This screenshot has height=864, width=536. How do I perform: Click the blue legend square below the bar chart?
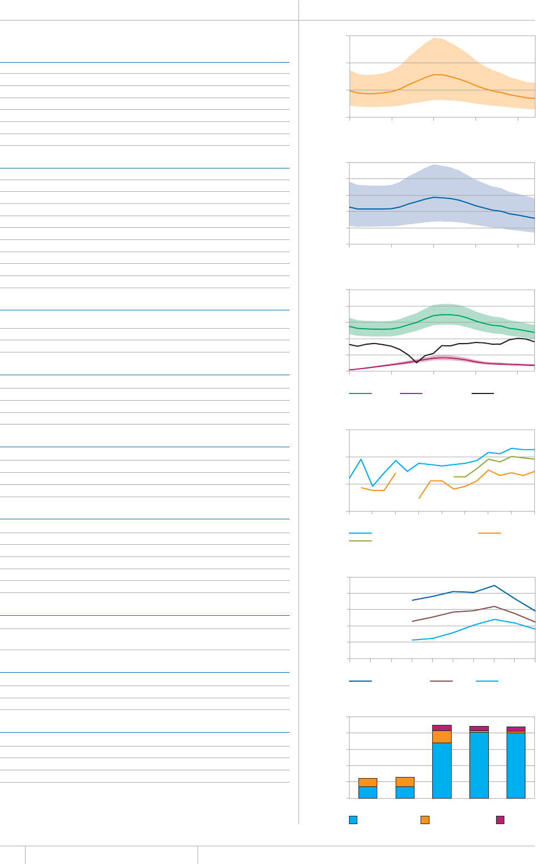(353, 820)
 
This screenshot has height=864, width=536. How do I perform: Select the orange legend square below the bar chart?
(425, 820)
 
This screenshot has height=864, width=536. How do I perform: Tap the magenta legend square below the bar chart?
(500, 820)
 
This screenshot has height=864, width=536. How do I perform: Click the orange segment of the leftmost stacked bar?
(368, 783)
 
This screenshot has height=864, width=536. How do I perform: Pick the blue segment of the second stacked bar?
(404, 793)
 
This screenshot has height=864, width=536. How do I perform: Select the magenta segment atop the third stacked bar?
(442, 728)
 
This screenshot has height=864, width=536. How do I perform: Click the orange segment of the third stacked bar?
(442, 737)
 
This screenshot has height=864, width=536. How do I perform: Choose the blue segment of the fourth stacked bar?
(479, 765)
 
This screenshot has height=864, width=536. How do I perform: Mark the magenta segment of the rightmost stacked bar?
(516, 729)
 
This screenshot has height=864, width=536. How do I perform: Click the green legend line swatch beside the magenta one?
(360, 393)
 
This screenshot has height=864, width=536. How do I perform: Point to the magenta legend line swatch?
(411, 393)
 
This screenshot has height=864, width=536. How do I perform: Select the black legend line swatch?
(483, 393)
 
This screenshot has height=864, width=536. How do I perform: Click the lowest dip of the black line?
(417, 362)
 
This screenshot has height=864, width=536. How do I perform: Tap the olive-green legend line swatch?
(360, 540)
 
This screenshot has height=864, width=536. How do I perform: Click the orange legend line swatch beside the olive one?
(489, 533)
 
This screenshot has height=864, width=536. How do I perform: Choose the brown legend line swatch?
(441, 681)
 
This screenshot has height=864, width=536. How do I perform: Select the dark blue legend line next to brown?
(360, 681)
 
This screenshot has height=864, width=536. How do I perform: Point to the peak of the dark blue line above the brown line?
(494, 585)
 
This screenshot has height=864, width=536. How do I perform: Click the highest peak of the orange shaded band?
(436, 38)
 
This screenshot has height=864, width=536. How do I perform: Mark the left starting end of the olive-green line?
(454, 477)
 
